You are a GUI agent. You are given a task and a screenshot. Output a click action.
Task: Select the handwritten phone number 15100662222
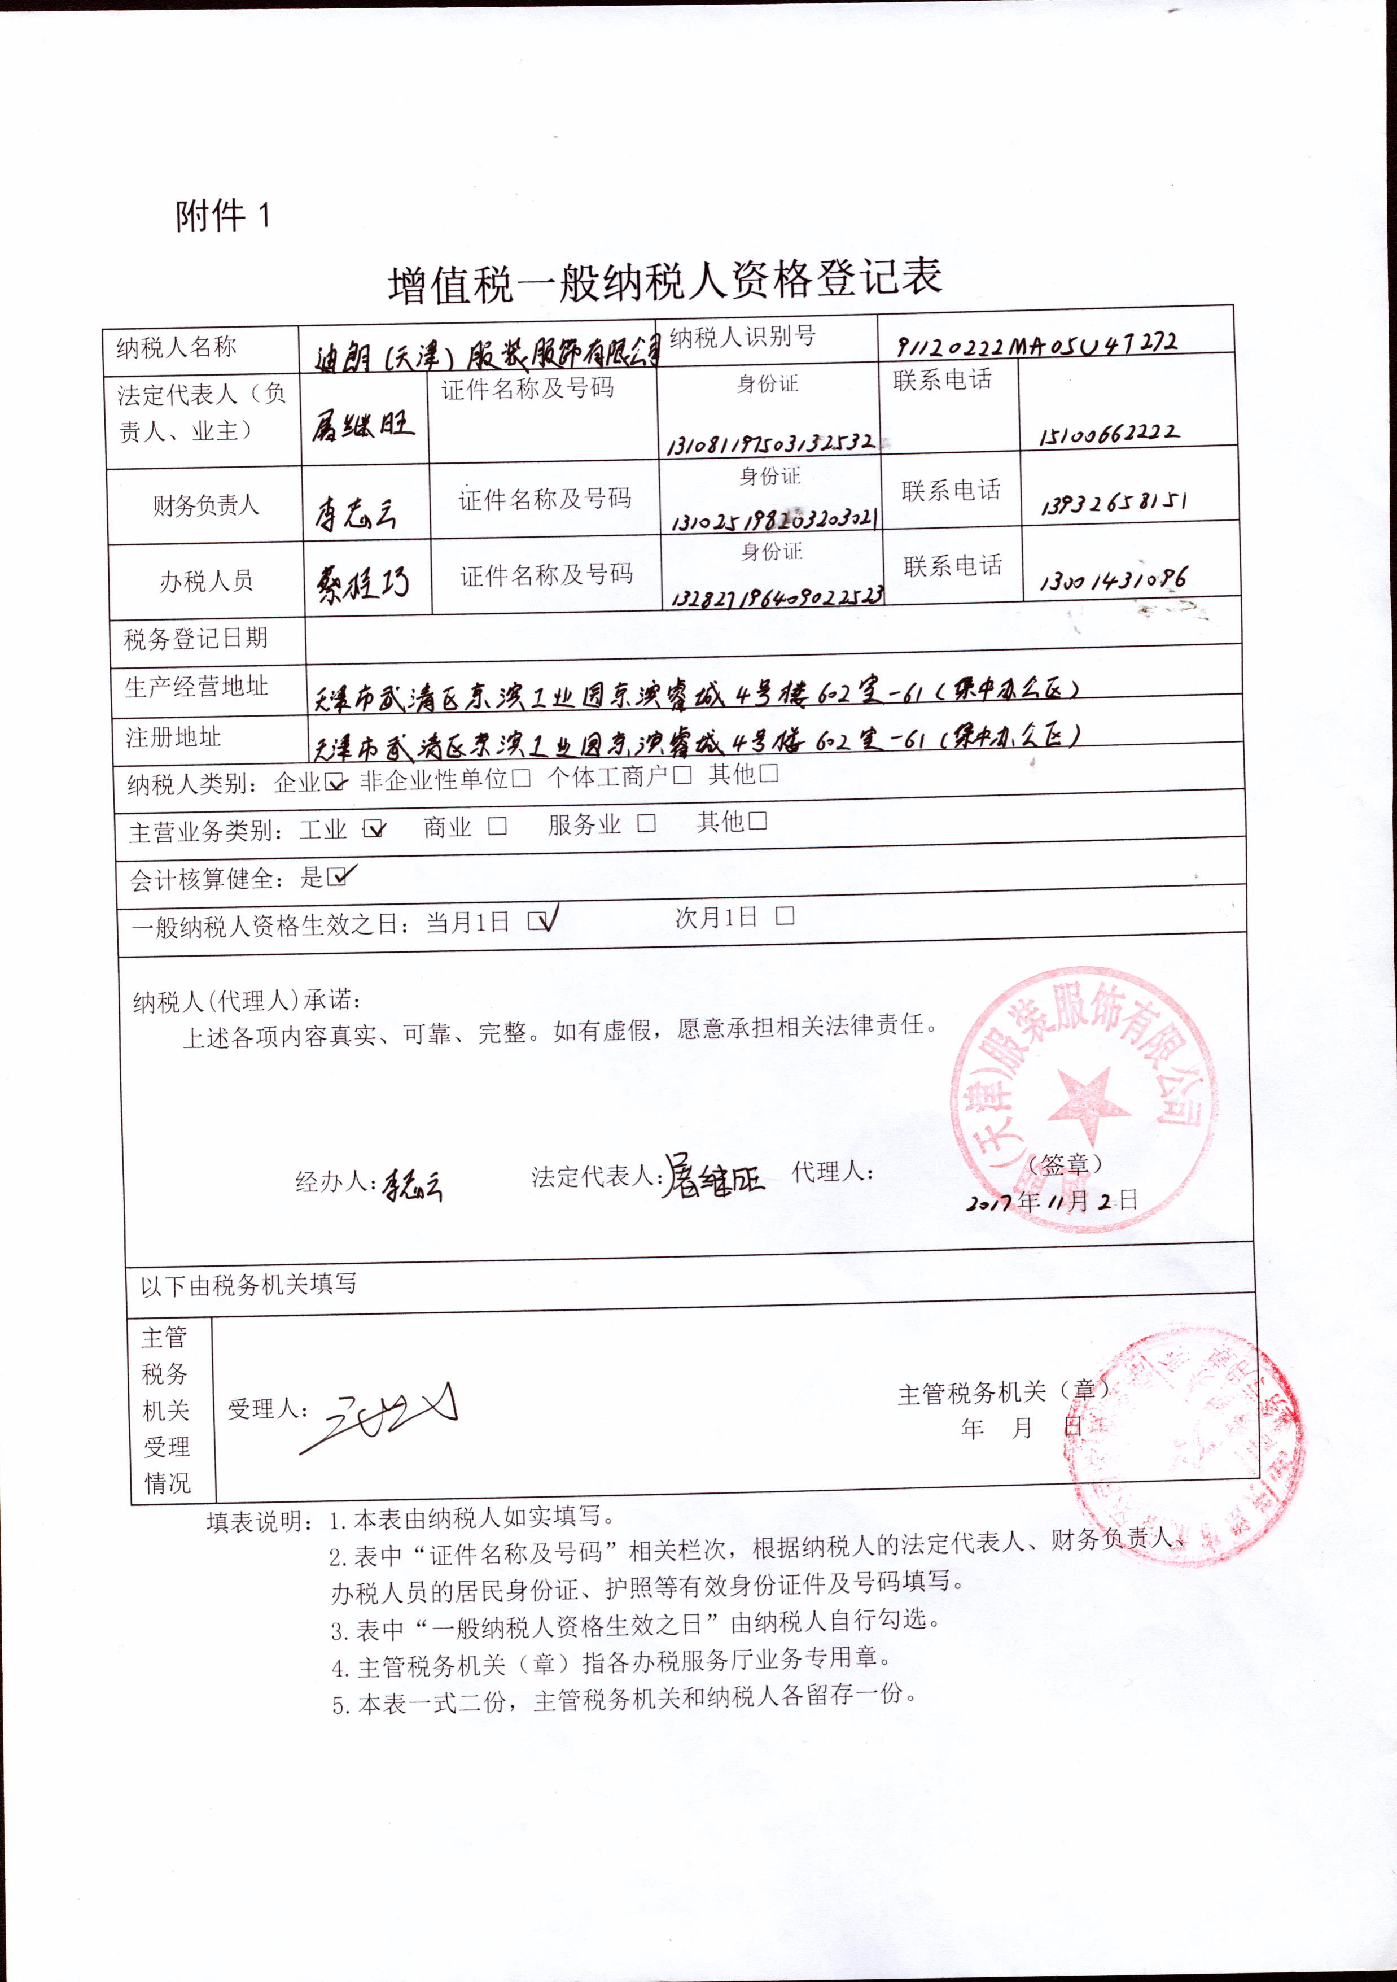[1109, 433]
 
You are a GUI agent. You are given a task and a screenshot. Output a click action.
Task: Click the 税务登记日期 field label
[196, 639]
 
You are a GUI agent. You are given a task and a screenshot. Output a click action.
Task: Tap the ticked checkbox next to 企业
[334, 782]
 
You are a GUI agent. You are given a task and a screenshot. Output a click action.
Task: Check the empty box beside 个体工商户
[682, 775]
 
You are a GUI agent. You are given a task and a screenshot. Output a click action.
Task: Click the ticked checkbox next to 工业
[374, 829]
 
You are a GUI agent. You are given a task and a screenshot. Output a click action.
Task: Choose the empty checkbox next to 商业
[497, 826]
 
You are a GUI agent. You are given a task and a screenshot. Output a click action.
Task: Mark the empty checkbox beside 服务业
[646, 823]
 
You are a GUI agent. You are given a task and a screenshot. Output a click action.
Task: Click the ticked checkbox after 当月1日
[540, 921]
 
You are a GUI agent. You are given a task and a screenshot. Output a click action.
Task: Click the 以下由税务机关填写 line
[248, 1285]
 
